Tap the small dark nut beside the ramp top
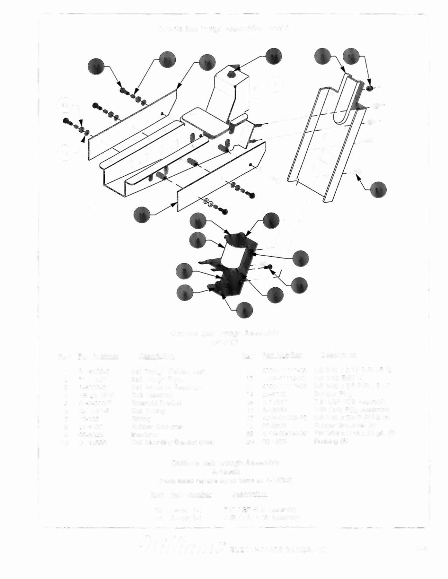click(369, 88)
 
